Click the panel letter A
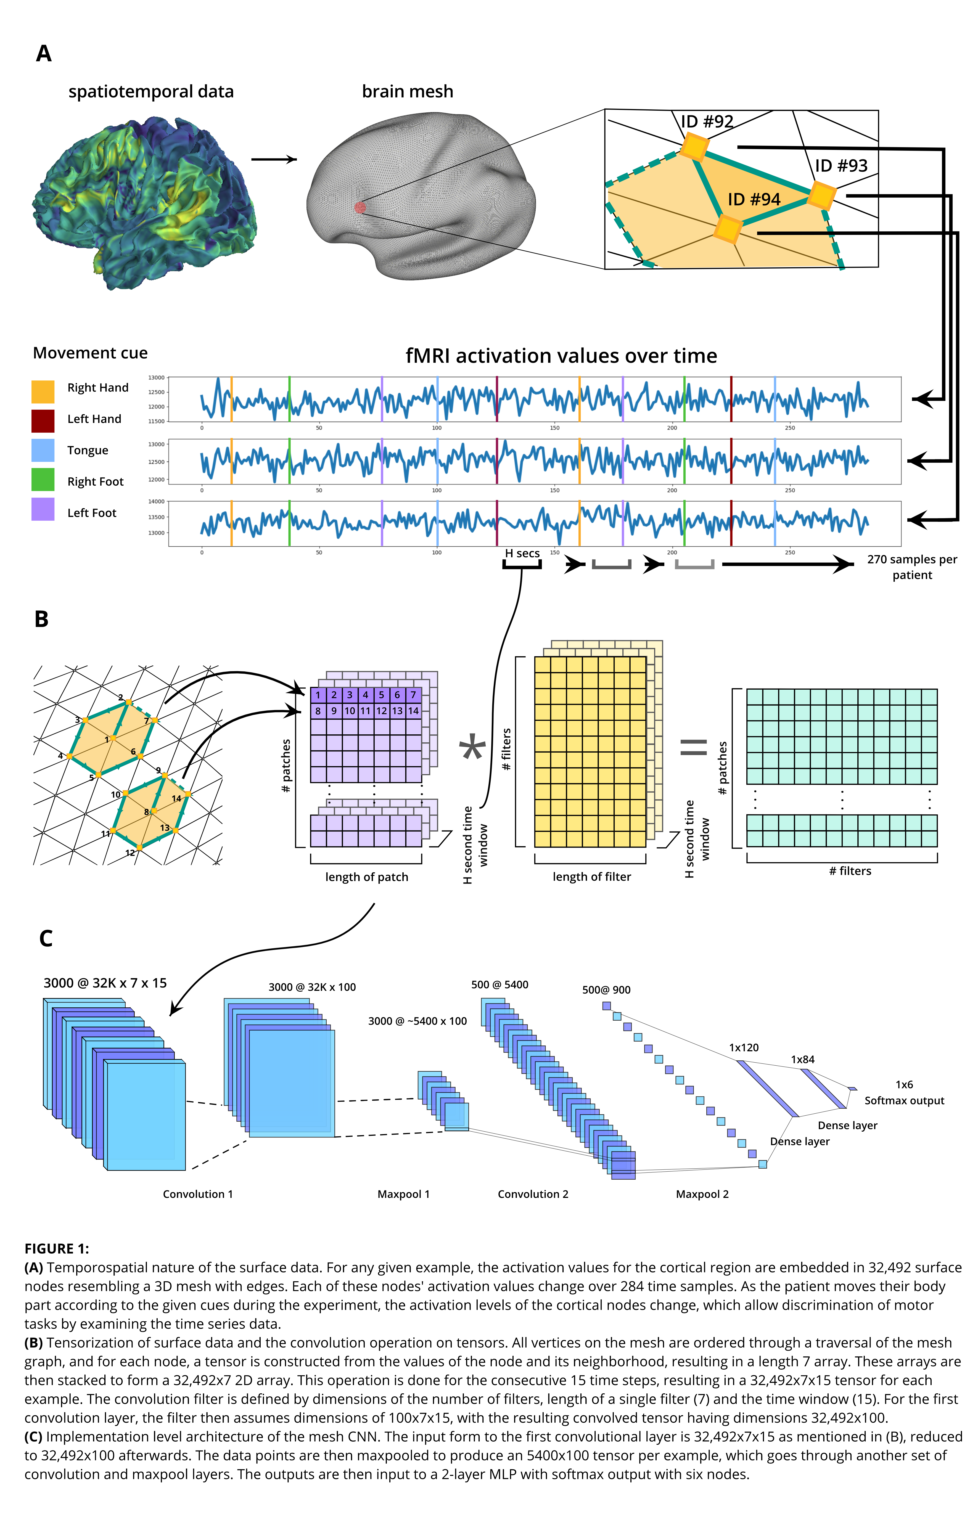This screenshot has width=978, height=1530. pyautogui.click(x=43, y=53)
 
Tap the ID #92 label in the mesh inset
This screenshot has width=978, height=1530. pyautogui.click(x=707, y=121)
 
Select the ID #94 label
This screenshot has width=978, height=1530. pyautogui.click(x=754, y=200)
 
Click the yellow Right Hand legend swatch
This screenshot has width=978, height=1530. pyautogui.click(x=43, y=391)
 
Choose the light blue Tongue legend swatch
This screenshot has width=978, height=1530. pyautogui.click(x=43, y=451)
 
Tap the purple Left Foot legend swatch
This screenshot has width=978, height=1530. pyautogui.click(x=43, y=510)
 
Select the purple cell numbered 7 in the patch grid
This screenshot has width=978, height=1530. pyautogui.click(x=413, y=695)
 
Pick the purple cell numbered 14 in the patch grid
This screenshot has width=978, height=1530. pyautogui.click(x=413, y=711)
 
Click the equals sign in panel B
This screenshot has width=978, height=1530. pyautogui.click(x=693, y=747)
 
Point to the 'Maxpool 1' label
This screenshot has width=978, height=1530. pyautogui.click(x=403, y=1194)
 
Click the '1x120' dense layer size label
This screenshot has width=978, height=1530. pyautogui.click(x=744, y=1048)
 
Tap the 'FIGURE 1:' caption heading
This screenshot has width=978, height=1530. pyautogui.click(x=57, y=1248)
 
